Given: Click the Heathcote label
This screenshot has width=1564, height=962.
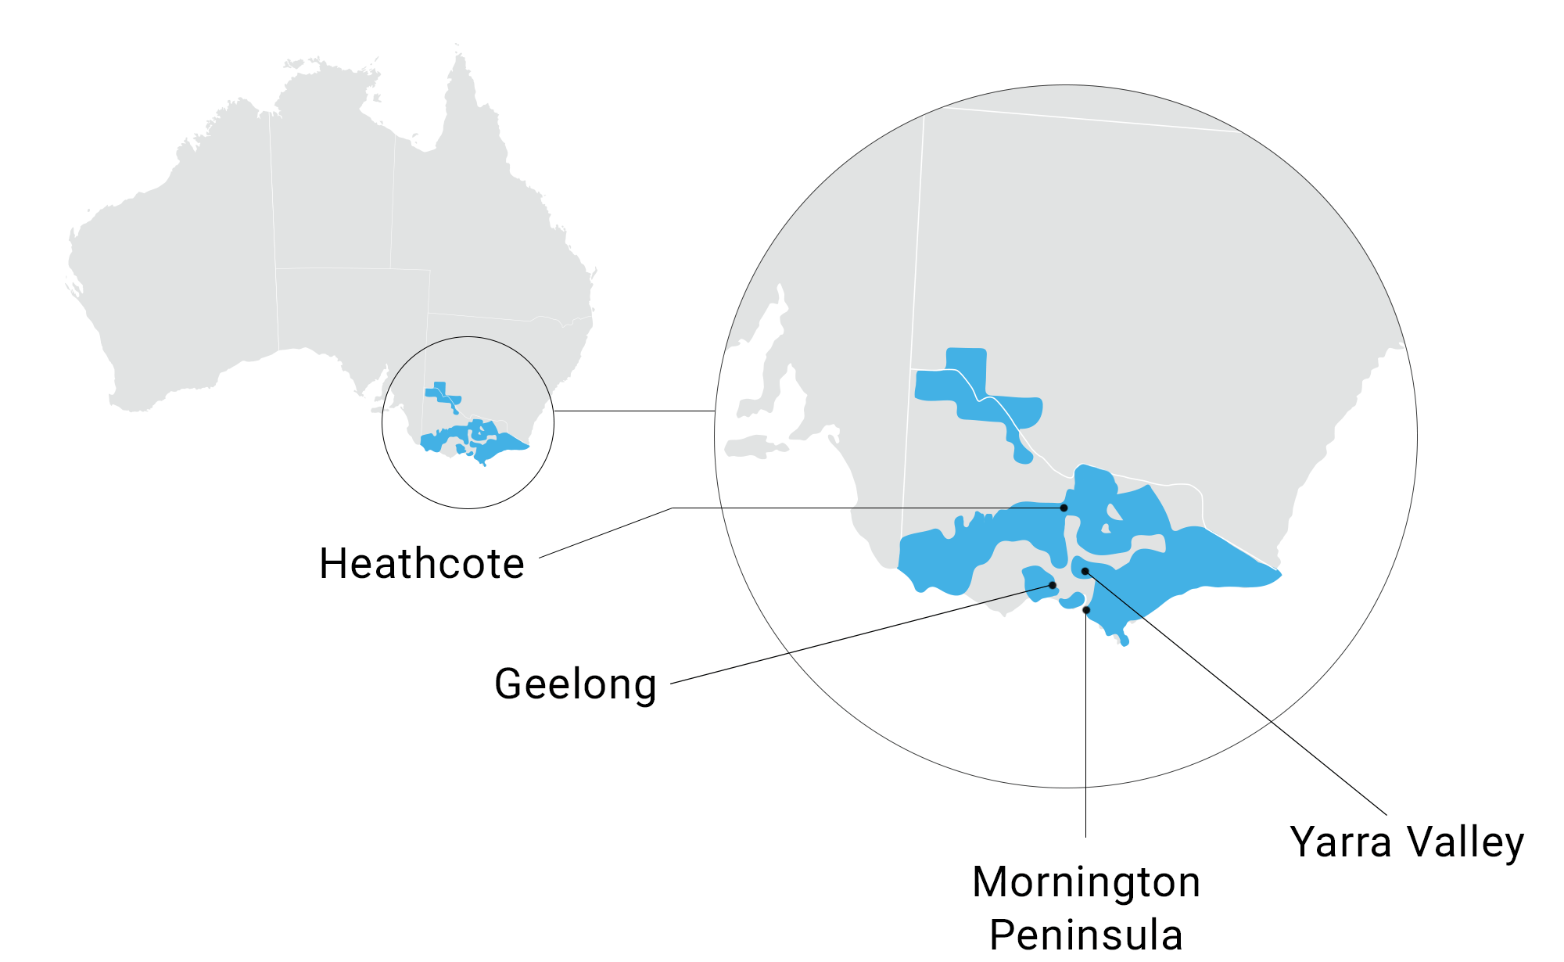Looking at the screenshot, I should [x=421, y=564].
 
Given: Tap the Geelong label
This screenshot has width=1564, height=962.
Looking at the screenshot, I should [x=576, y=684].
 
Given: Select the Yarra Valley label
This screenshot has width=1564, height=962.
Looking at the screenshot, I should [x=1407, y=842].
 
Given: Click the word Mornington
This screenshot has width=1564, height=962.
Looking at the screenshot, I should [x=1086, y=882].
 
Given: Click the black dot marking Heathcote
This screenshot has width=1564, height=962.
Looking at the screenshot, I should [x=1064, y=508].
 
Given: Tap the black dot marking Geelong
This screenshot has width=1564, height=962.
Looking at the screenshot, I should [x=1053, y=585].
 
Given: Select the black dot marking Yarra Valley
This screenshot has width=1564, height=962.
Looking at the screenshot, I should [x=1085, y=571].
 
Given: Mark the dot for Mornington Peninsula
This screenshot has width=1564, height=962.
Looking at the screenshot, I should [x=1086, y=610].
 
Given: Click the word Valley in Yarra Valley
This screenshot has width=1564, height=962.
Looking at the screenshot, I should [x=1465, y=842].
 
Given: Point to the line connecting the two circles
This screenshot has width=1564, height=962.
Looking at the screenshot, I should [x=633, y=411].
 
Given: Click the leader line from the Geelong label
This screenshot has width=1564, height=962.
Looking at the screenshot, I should [x=860, y=634].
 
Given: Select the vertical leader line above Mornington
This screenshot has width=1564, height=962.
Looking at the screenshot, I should [x=1085, y=727].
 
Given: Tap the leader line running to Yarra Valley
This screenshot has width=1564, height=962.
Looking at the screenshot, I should [x=1251, y=704].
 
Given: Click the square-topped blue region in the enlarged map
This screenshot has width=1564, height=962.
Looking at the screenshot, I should [x=967, y=368].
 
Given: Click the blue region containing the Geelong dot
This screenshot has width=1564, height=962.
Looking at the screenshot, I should [x=1038, y=582].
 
